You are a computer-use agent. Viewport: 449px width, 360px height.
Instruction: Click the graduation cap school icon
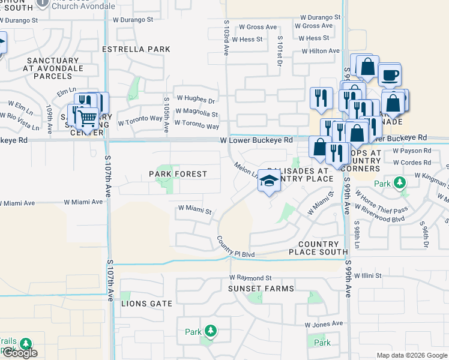[x=269, y=181]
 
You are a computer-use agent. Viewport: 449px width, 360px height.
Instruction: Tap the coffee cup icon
[x=389, y=76]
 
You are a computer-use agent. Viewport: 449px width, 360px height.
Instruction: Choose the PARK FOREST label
[x=178, y=174]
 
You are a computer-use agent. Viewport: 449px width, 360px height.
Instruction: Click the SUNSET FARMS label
[x=261, y=289]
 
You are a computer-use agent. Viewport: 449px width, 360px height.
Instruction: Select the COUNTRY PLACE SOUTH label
[x=319, y=248]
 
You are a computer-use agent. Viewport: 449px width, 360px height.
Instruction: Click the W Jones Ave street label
[x=324, y=324]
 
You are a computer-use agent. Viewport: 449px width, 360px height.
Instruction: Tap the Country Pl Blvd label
[x=236, y=254]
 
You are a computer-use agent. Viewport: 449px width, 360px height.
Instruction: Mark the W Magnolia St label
[x=197, y=113]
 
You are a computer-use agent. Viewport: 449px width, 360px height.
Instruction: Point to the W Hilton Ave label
[x=321, y=52]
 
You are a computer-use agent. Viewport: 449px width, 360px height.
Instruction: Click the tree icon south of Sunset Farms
[x=210, y=331]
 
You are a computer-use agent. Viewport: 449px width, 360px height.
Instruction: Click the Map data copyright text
[x=412, y=355]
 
